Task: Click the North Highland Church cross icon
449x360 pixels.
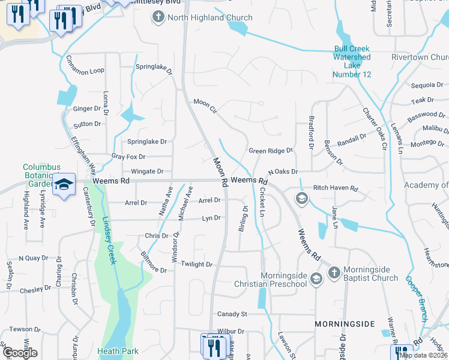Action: coord(158,17)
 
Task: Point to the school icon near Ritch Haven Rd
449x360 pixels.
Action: coord(301,199)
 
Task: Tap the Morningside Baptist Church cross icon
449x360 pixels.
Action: coord(334,274)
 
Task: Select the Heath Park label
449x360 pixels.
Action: coord(118,351)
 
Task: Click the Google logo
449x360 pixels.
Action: coord(20,353)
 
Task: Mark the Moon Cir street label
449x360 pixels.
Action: coord(205,106)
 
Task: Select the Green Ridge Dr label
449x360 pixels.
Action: coord(271,151)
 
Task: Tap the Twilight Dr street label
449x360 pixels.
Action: coord(197,264)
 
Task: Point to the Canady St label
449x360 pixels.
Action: coord(232,314)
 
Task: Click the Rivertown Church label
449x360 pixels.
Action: coord(418,58)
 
